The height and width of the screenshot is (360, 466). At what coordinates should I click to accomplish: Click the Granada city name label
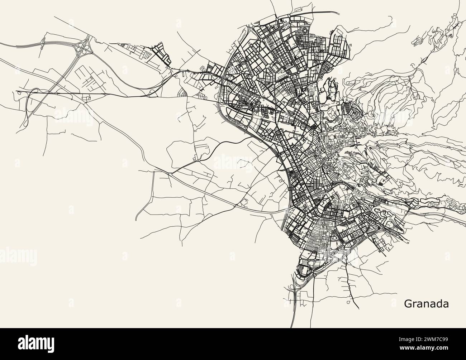click(x=426, y=304)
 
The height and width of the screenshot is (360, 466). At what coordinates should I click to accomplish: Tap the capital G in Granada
click(x=408, y=304)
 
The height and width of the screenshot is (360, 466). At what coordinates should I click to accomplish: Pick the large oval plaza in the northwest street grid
click(x=253, y=77)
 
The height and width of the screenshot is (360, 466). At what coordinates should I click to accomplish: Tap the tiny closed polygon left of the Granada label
click(x=349, y=303)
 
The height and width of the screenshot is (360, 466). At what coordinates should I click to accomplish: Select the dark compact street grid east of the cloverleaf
click(x=160, y=54)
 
